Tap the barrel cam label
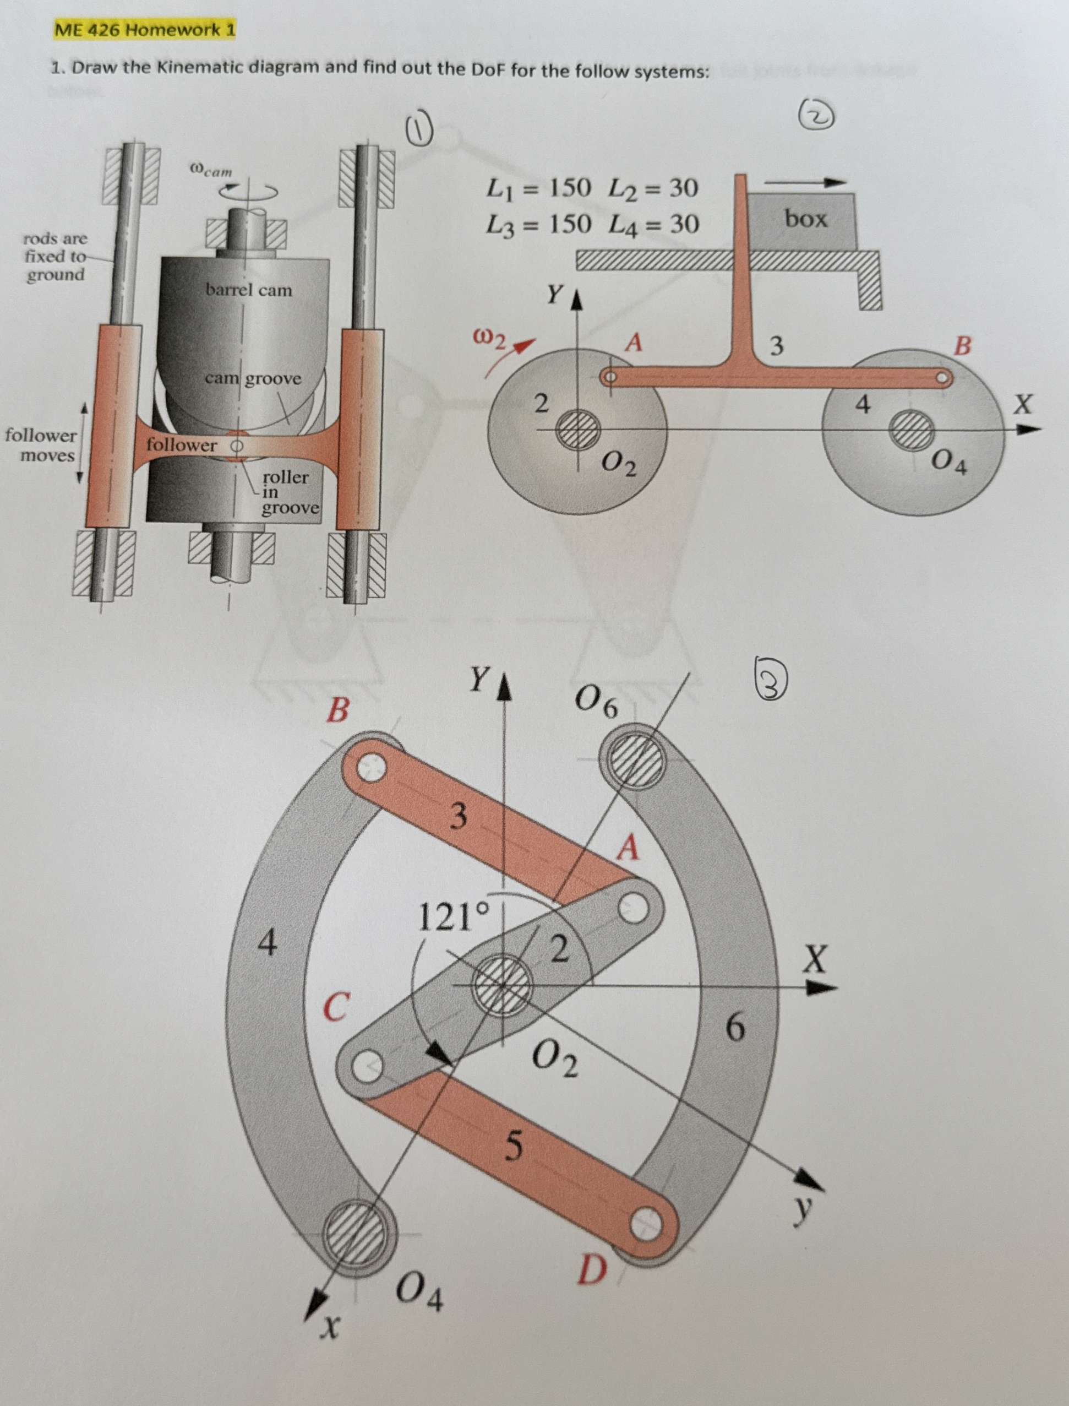[x=248, y=290]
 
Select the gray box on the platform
[x=803, y=220]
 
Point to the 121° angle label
[x=454, y=917]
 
